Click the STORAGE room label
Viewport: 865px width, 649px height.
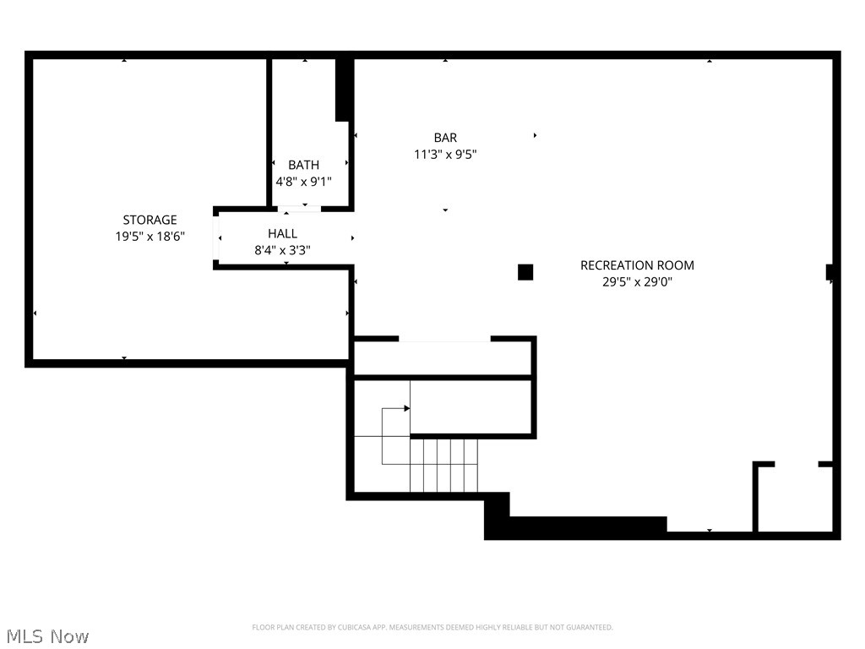[x=150, y=221]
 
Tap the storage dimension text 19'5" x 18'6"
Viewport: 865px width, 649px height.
[x=150, y=237]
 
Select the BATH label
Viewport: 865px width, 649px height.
[x=303, y=165]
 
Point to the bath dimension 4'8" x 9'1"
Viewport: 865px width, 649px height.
[x=303, y=182]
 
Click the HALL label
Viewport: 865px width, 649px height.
[x=282, y=233]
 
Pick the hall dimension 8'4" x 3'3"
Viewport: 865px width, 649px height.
[x=282, y=250]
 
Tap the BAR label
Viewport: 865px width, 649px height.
[x=445, y=138]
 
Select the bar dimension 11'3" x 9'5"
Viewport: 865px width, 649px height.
[x=445, y=155]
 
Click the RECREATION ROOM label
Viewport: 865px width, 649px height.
[x=637, y=265]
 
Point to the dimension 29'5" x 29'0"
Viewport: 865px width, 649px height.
[x=637, y=282]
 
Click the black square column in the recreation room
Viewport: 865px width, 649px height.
[x=525, y=271]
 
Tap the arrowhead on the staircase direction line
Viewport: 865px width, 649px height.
[x=407, y=408]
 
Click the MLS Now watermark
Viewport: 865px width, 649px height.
[x=47, y=636]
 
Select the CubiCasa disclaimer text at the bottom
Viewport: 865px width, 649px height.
[x=432, y=627]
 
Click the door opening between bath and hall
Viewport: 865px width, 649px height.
[x=299, y=208]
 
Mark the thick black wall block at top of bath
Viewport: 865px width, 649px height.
[x=344, y=90]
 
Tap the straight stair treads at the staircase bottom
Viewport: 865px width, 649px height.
[x=443, y=465]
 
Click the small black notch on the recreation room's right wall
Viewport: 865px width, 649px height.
[x=830, y=272]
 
